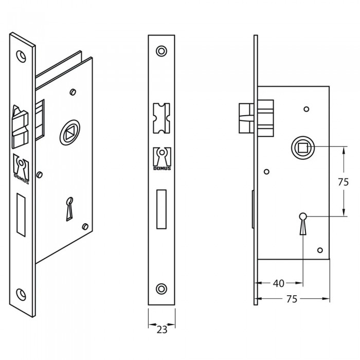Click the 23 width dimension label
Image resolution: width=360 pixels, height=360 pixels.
click(162, 330)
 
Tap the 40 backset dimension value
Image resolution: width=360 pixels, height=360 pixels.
click(279, 283)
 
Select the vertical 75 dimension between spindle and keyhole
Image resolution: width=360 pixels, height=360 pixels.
click(344, 182)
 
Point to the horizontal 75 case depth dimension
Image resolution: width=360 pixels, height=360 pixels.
click(292, 299)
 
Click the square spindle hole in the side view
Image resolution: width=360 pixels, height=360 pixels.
click(303, 148)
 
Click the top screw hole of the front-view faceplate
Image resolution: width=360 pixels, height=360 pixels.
click(161, 51)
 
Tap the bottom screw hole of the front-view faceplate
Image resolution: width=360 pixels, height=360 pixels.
click(161, 289)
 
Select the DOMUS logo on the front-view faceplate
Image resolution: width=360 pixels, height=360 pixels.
click(162, 159)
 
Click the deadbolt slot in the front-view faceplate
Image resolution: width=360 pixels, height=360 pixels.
click(161, 209)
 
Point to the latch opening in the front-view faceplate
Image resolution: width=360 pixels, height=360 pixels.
click(161, 118)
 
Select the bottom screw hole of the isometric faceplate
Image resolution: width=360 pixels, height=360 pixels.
click(21, 294)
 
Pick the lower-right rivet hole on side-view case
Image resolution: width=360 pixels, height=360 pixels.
click(320, 250)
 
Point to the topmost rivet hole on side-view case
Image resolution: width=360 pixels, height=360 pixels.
click(307, 109)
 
